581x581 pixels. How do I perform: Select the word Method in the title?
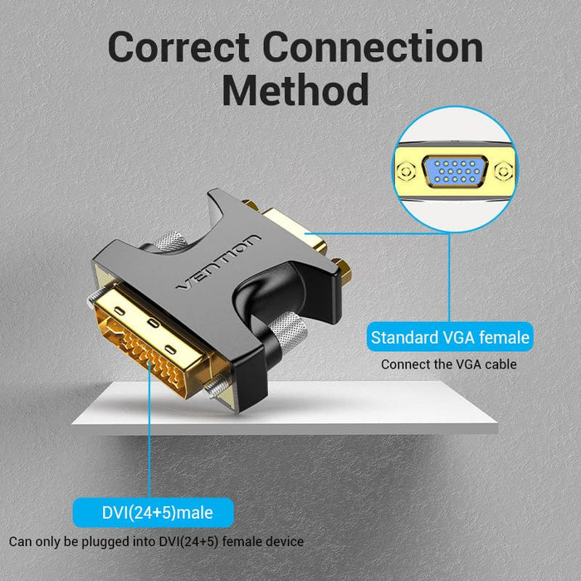point(295,90)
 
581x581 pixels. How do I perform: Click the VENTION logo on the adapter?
point(218,263)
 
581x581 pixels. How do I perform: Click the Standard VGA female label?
point(450,338)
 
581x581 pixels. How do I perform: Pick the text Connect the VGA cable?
point(449,364)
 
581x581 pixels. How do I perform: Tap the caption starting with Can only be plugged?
point(156,541)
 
